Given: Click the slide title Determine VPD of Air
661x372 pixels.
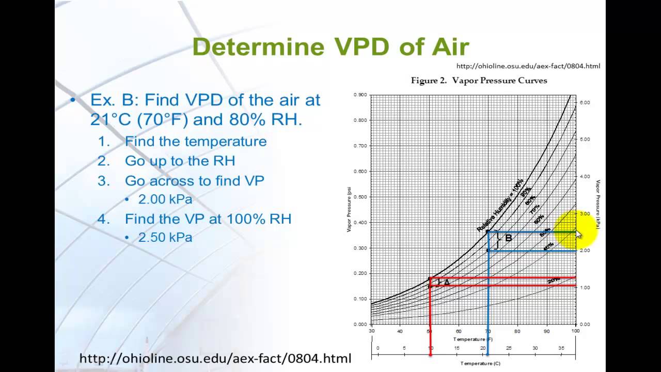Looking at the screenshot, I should (x=330, y=47).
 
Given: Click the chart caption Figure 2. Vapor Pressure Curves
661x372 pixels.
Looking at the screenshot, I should (x=479, y=81).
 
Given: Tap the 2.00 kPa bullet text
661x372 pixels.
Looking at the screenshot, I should (x=165, y=199).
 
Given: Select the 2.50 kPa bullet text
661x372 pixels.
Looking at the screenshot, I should (x=165, y=238).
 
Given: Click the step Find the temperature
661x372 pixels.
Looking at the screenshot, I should (x=196, y=142).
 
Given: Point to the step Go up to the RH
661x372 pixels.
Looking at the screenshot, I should (x=180, y=161).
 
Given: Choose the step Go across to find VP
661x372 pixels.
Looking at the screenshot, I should (x=194, y=180).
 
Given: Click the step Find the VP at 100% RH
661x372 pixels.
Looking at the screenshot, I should (x=208, y=219).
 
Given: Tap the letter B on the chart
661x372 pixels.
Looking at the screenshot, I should (x=508, y=238).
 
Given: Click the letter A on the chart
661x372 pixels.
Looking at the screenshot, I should (x=447, y=283).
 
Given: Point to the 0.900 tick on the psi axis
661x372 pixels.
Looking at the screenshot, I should (x=360, y=95).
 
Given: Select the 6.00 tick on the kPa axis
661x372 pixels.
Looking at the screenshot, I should (x=585, y=103).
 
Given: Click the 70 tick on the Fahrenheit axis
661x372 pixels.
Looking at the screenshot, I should (x=487, y=331).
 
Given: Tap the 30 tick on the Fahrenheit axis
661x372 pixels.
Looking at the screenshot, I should (x=371, y=331).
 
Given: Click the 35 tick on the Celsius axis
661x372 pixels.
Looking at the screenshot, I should (x=561, y=348).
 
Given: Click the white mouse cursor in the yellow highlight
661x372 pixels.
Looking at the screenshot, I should (x=578, y=235).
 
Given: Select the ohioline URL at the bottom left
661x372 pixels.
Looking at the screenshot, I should (x=215, y=358).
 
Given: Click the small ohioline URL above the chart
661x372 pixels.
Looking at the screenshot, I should (x=528, y=66).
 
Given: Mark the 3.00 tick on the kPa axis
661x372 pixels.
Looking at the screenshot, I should (x=585, y=213).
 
